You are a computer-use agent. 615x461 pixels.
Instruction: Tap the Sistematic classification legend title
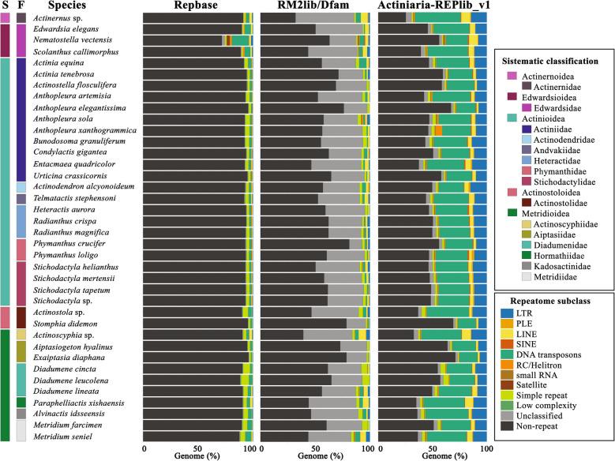point(553,61)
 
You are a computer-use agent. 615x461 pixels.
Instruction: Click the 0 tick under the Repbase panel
point(144,447)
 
